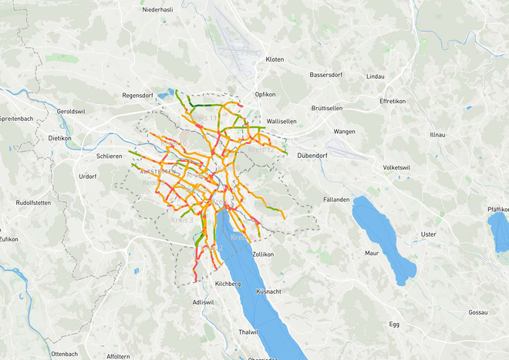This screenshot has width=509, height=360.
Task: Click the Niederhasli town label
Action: pyautogui.click(x=157, y=9)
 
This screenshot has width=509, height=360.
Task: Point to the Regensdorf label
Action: pyautogui.click(x=139, y=96)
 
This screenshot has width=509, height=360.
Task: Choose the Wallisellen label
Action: pyautogui.click(x=287, y=122)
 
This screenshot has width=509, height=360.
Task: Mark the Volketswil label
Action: pyautogui.click(x=401, y=168)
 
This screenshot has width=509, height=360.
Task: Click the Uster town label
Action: pyautogui.click(x=428, y=234)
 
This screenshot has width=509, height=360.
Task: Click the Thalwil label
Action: pyautogui.click(x=248, y=331)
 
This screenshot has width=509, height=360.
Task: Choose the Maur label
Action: pyautogui.click(x=372, y=253)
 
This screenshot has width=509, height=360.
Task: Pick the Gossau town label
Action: pyautogui.click(x=478, y=313)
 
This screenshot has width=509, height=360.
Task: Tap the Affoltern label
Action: pyautogui.click(x=118, y=356)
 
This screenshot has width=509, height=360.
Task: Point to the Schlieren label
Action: pyautogui.click(x=110, y=156)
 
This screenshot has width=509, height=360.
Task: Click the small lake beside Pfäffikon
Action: pyautogui.click(x=497, y=230)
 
